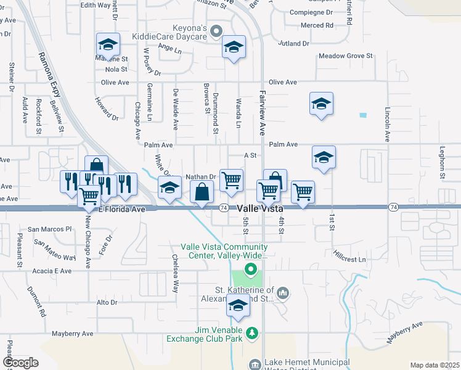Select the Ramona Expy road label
49,75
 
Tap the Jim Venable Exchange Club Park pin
251,334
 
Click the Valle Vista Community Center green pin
251,268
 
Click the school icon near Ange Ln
234,47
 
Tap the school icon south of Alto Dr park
239,306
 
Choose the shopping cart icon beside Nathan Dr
232,180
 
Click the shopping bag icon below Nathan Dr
202,192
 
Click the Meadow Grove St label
346,56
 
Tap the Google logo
20,363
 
